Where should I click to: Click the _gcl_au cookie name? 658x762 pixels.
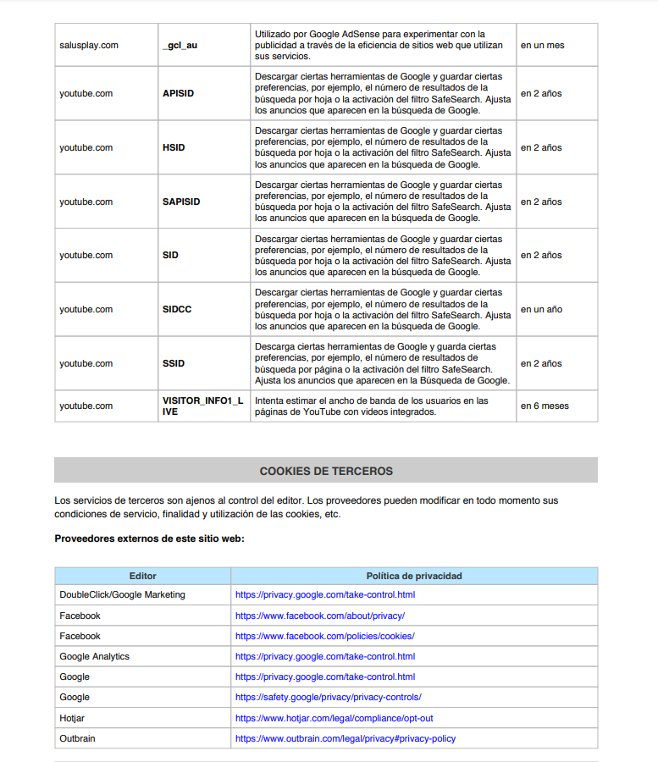[180, 45]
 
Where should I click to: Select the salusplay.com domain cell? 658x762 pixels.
[89, 45]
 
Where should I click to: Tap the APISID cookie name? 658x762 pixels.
[178, 93]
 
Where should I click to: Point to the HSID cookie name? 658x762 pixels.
[174, 147]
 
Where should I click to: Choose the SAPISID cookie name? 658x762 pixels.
[181, 202]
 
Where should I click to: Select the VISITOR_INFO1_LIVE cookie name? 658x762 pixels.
[202, 406]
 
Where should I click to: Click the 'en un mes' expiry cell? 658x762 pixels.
[543, 45]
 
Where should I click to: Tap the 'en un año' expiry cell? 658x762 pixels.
[541, 309]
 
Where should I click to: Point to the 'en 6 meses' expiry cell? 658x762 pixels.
[545, 406]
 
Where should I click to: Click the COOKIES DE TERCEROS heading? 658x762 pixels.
[326, 471]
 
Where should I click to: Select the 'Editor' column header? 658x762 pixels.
[143, 576]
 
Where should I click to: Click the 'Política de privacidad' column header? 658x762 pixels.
[414, 576]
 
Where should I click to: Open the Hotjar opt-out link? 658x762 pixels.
[334, 718]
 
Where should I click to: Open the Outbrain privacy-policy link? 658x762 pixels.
[345, 738]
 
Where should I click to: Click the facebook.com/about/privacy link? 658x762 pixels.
[319, 616]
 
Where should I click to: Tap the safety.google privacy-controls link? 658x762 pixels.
[328, 697]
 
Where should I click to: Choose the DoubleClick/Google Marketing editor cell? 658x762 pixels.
[122, 594]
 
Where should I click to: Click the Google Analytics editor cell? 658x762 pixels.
[94, 656]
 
